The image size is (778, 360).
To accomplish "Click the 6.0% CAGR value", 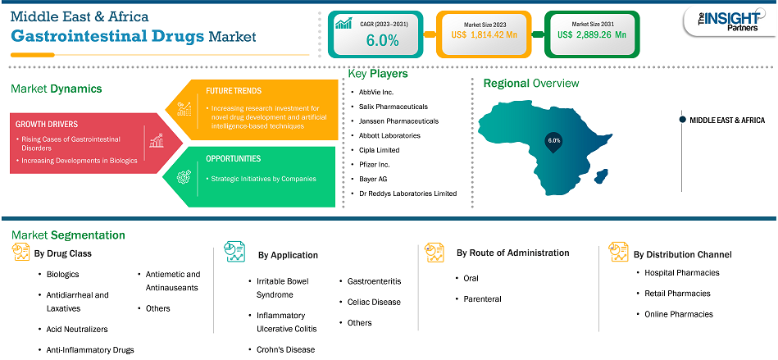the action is click(382, 41).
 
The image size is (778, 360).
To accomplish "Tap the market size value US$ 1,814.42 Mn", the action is click(485, 34).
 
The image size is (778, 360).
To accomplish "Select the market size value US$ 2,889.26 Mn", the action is click(591, 34).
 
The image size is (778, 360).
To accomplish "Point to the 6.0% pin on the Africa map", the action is click(553, 141).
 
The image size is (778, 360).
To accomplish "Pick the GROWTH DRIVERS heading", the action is click(47, 124).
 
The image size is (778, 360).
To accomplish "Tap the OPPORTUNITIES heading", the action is click(233, 159).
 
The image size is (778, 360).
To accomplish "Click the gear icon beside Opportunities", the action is click(184, 176).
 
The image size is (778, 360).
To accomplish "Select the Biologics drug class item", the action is click(62, 274).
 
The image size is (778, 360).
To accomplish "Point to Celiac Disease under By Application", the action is click(374, 302).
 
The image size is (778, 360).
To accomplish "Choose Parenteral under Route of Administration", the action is click(482, 299).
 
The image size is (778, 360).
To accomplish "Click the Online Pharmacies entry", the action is click(679, 314).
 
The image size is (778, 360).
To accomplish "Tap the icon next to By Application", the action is click(234, 253).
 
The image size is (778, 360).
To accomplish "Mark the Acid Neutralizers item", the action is click(77, 329).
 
